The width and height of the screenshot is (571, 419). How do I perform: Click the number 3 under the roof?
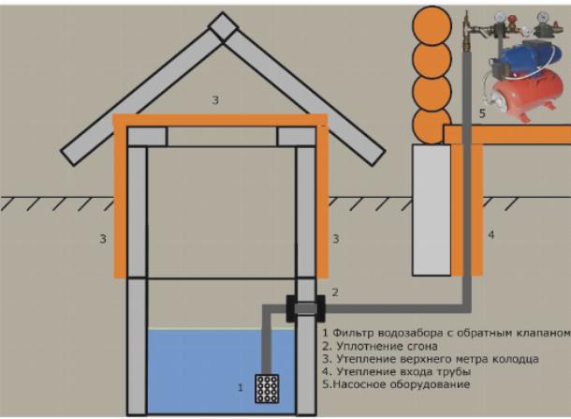pyautogui.click(x=216, y=99)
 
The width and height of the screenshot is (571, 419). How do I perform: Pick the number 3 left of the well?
pyautogui.click(x=102, y=239)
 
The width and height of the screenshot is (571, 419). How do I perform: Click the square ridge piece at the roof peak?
pyautogui.click(x=223, y=27)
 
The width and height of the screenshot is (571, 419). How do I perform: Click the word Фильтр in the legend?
pyautogui.click(x=349, y=333)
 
